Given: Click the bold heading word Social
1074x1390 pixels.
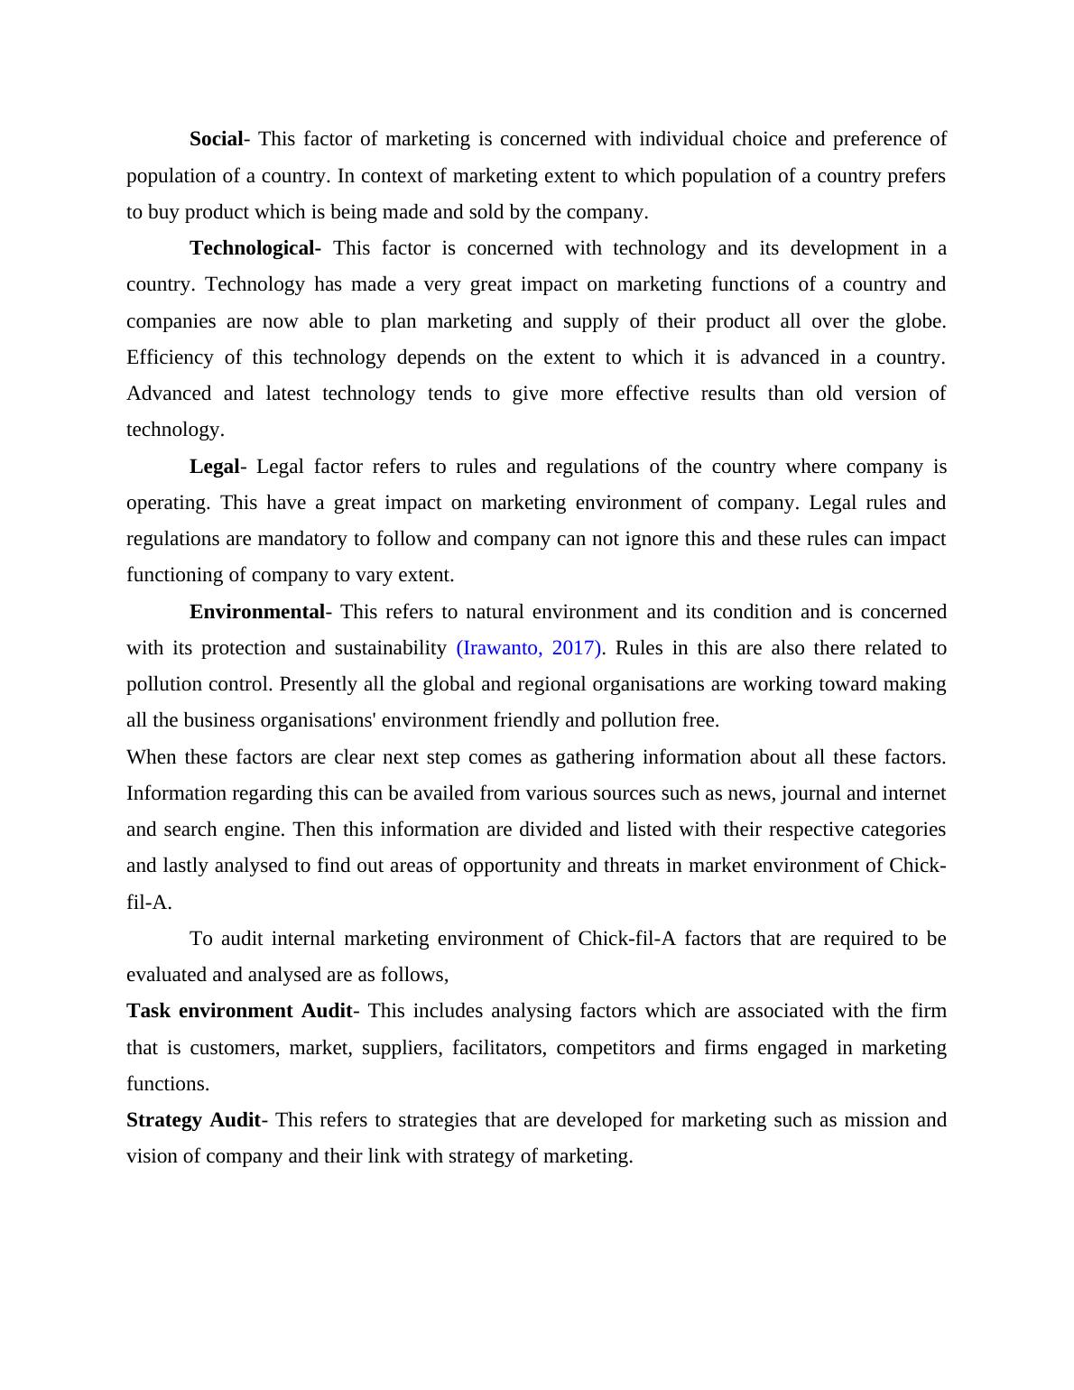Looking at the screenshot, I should click(216, 139).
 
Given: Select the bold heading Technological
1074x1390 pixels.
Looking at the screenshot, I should click(253, 248).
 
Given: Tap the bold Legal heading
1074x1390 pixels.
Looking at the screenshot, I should click(214, 467).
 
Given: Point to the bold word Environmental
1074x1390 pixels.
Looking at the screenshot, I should click(256, 612).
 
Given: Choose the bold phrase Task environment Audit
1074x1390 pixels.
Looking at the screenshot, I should click(239, 1011).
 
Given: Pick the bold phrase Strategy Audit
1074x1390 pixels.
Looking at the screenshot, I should click(193, 1120).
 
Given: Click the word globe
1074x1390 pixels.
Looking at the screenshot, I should click(919, 321).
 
